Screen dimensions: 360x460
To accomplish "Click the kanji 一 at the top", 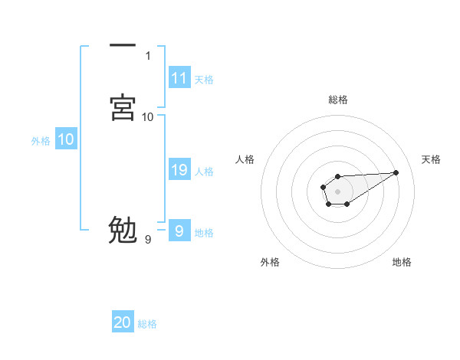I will pos(123,47).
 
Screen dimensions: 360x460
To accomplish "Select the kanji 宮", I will pos(123,107).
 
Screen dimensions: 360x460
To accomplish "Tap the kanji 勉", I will pos(123,229).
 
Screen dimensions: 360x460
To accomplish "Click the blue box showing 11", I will pos(179,78).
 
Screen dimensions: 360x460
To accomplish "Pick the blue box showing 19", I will pos(179,170).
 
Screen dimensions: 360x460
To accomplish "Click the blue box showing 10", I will pos(65,139).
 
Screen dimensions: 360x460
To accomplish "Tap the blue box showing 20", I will pos(123,323).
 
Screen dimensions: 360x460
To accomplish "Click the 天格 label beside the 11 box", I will pos(204,80).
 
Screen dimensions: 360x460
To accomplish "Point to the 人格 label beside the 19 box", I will pos(204,172).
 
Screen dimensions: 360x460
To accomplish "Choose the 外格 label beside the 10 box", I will pos(41,141).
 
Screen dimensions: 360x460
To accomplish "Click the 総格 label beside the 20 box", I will pos(147,325).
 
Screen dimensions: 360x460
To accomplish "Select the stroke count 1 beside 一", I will pos(148,56).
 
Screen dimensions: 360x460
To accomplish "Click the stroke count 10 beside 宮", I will pos(148,116).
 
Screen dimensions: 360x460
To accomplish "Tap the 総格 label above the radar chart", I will pos(337,100).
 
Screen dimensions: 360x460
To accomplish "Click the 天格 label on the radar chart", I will pos(432,159).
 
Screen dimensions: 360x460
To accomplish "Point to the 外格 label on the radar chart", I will pos(270,263).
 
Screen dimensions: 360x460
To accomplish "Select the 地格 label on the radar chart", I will pos(402,263).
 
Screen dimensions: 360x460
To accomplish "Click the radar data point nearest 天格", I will pos(396,172).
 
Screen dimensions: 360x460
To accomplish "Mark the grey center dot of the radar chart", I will pos(337,190).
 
